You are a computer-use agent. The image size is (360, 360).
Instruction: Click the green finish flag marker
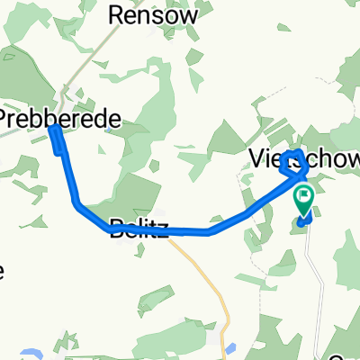[x=304, y=198]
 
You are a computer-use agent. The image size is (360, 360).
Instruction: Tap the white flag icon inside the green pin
[x=304, y=193]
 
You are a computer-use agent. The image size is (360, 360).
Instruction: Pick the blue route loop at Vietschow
[x=293, y=163]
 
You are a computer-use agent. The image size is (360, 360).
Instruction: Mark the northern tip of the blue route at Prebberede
[x=53, y=130]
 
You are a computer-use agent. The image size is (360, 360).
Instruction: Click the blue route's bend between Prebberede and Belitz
[x=77, y=203]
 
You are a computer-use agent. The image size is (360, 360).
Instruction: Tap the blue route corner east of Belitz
[x=210, y=232]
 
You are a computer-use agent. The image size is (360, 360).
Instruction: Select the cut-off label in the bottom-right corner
[x=351, y=354]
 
